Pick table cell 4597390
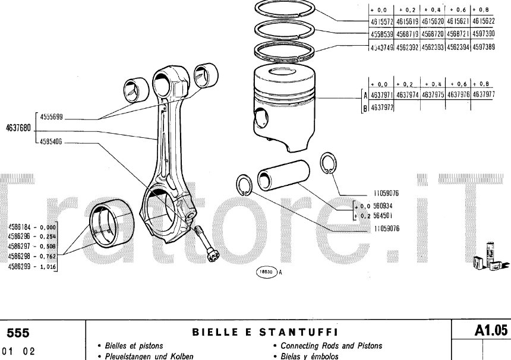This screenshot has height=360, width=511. (x=483, y=34)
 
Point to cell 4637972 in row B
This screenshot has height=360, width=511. (x=383, y=108)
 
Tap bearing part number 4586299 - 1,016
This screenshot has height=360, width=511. (x=32, y=267)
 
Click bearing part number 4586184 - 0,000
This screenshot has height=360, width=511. (x=32, y=227)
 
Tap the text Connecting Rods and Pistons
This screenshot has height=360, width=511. (x=331, y=346)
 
